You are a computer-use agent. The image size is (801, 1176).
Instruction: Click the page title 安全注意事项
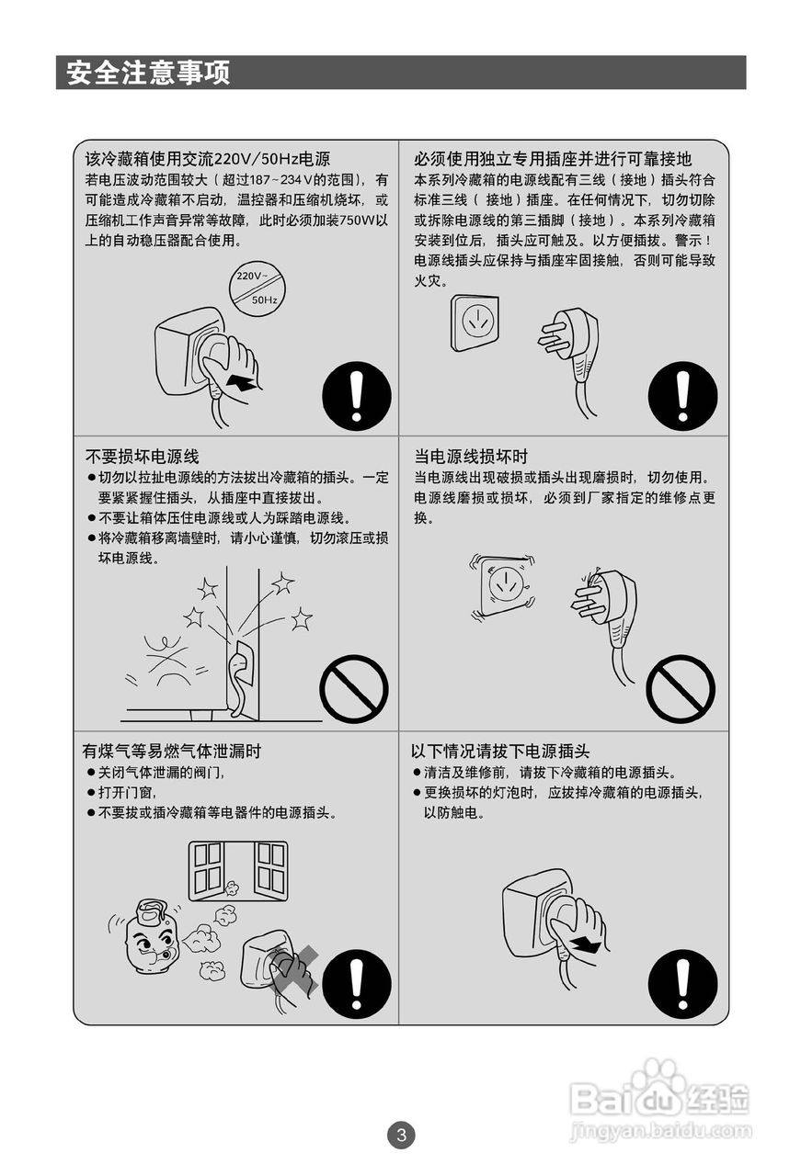pyautogui.click(x=148, y=73)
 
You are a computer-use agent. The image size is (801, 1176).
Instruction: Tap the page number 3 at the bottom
pyautogui.click(x=400, y=1135)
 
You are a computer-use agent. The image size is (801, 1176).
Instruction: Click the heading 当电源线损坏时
pyautogui.click(x=471, y=456)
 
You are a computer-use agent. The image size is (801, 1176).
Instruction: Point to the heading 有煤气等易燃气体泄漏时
pyautogui.click(x=172, y=751)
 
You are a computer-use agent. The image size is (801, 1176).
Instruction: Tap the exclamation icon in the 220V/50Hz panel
pyautogui.click(x=357, y=397)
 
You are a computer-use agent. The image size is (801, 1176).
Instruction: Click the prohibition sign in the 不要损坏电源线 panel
pyautogui.click(x=354, y=689)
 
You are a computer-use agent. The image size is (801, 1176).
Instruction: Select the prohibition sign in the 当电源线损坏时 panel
pyautogui.click(x=681, y=689)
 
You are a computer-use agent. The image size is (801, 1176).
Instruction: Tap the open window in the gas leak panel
pyautogui.click(x=238, y=869)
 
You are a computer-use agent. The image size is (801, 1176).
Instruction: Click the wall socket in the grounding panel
pyautogui.click(x=475, y=322)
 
